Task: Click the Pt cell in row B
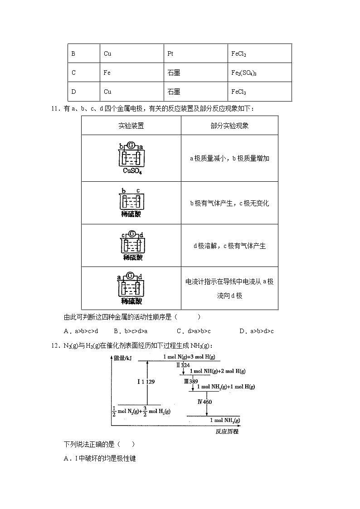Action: pos(170,53)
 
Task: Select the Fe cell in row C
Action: pos(107,73)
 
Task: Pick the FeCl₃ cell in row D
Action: pos(238,92)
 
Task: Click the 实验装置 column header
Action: pos(131,126)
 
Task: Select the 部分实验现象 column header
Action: pos(229,126)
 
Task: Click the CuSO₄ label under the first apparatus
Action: pos(132,171)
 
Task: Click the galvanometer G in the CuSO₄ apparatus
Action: pos(131,145)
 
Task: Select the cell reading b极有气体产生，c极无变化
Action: pos(229,203)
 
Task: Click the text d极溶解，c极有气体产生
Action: pos(229,246)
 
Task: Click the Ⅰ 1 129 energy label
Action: pos(146,382)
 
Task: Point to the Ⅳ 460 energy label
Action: pos(204,402)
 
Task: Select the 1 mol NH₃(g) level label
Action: pos(225,420)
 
